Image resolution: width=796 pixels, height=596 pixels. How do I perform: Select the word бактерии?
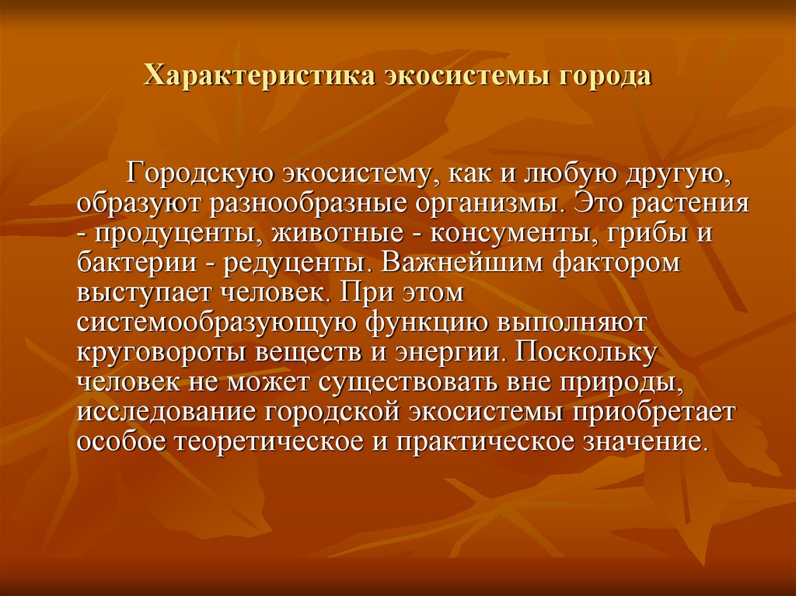137,263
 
